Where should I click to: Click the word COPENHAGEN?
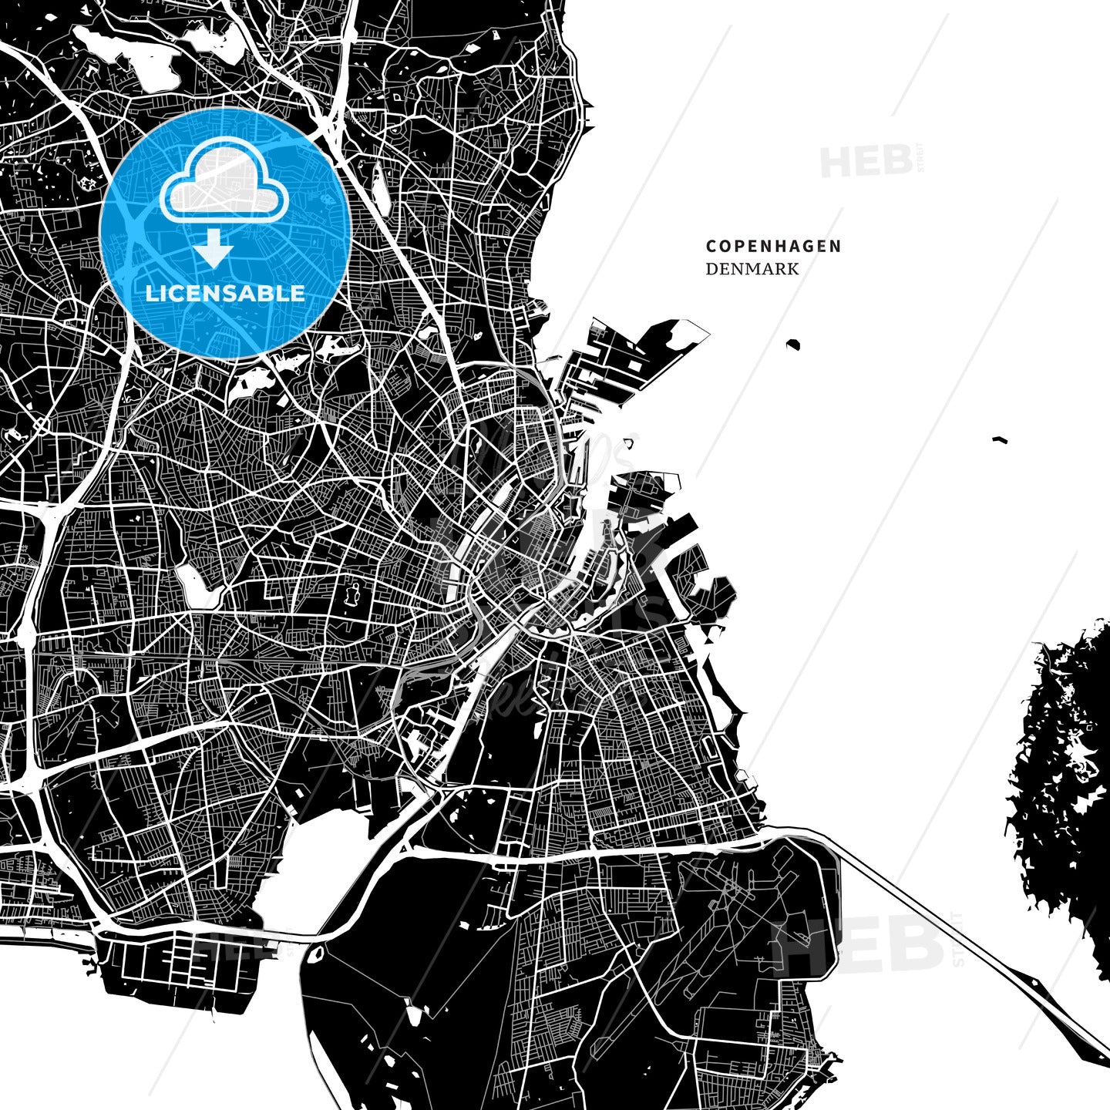coord(773,247)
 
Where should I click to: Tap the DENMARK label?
coord(752,269)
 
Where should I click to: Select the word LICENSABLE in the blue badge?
coord(225,294)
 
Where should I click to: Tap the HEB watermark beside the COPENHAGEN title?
coord(866,161)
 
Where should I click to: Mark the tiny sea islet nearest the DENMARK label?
coord(793,344)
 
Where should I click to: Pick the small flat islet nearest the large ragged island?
coord(1000,440)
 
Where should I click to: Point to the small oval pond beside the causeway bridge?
coord(314,956)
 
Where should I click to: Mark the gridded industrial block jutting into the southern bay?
coord(177,964)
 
